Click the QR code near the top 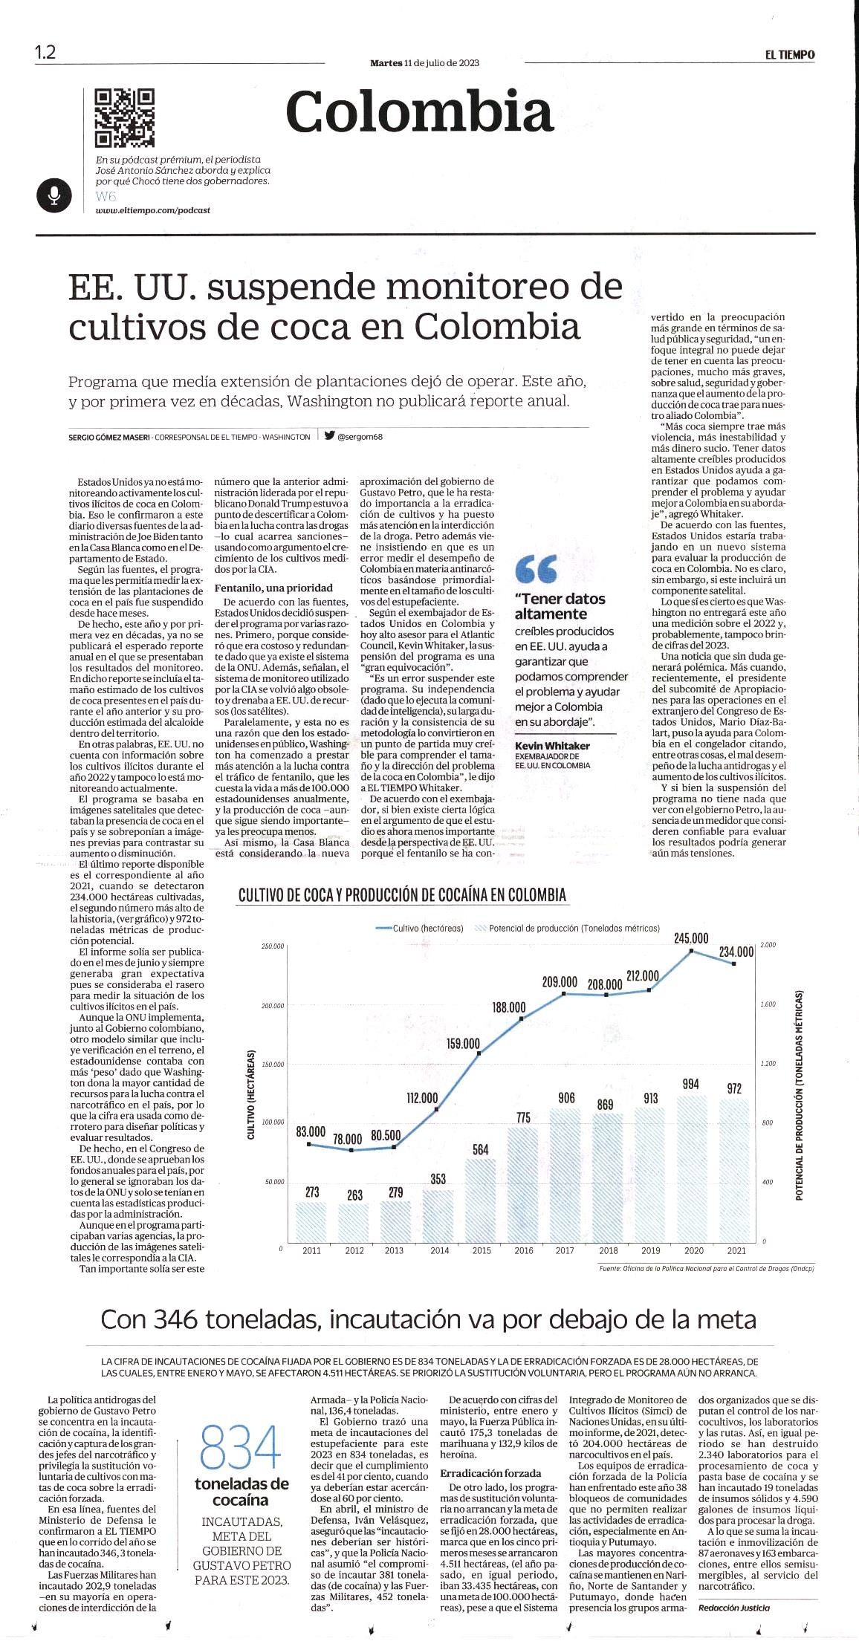point(124,118)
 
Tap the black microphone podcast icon point(54,195)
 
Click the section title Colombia point(419,113)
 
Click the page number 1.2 point(45,53)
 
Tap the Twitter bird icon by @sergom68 point(328,436)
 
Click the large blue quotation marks point(536,570)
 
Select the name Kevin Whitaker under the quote point(552,745)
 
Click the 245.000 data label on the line point(691,938)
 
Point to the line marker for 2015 point(479,1053)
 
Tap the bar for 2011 point(312,1221)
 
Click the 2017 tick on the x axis point(565,1250)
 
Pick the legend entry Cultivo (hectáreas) point(420,929)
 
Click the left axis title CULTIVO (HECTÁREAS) point(251,1095)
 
